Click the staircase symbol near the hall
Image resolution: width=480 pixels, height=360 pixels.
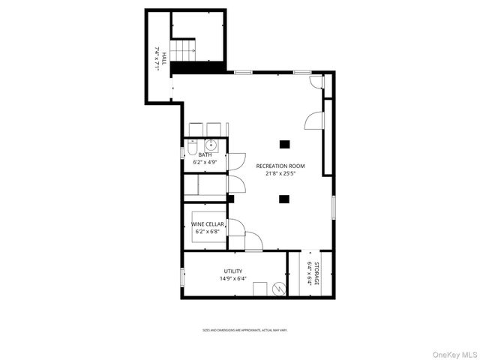click(x=183, y=52)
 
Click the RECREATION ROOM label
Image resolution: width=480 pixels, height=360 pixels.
click(x=280, y=166)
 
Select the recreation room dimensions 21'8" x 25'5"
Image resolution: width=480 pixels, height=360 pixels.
click(x=280, y=173)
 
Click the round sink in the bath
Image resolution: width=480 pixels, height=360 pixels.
click(x=211, y=145)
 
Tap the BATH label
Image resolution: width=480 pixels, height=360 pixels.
click(x=205, y=155)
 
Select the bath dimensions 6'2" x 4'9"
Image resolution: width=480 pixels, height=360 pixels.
click(x=205, y=162)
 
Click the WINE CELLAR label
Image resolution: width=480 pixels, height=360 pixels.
click(x=206, y=223)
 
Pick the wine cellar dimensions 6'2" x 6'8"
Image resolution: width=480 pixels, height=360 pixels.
click(x=206, y=231)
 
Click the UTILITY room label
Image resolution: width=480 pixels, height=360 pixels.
click(x=232, y=271)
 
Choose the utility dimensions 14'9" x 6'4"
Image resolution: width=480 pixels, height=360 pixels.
click(x=232, y=278)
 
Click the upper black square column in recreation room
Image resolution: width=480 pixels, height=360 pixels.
click(x=284, y=144)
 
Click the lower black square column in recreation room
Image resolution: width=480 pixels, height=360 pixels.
click(x=284, y=199)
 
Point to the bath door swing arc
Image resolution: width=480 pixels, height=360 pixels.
click(x=235, y=160)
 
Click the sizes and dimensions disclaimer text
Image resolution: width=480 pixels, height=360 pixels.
click(x=244, y=330)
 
